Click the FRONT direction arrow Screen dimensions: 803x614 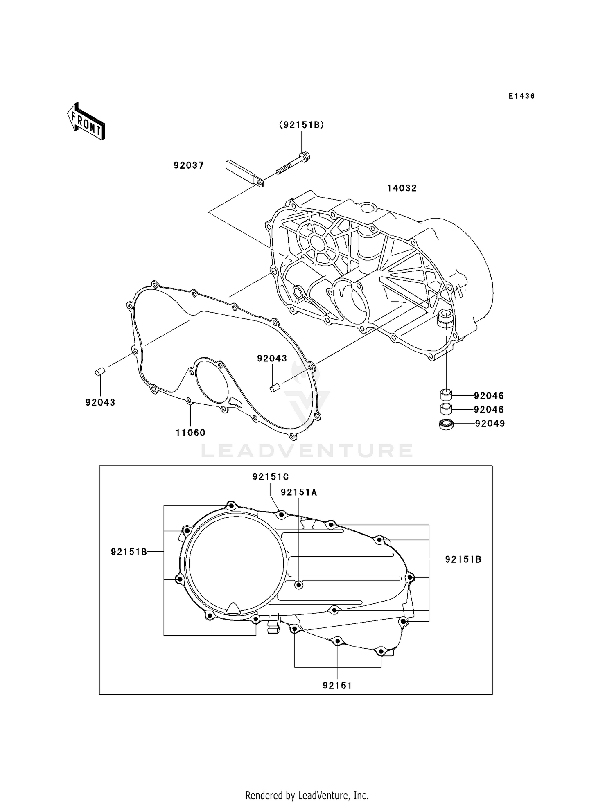[86, 121]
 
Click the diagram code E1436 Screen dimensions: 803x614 [521, 96]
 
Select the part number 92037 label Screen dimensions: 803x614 [188, 165]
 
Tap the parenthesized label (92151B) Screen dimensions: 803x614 [302, 125]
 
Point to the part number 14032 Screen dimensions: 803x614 [402, 188]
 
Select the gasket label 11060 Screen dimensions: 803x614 [190, 433]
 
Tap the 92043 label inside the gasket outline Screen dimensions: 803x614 [272, 359]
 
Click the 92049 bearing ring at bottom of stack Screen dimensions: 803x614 [446, 424]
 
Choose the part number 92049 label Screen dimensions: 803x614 [490, 424]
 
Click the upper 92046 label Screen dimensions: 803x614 [489, 396]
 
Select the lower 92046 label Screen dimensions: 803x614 [489, 410]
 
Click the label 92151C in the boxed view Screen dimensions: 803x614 [271, 477]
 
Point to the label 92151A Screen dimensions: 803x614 [299, 492]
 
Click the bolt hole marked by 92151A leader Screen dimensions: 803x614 [299, 585]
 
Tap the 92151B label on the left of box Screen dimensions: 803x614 [129, 552]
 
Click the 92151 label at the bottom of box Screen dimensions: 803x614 [337, 686]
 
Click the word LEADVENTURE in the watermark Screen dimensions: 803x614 [307, 451]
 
